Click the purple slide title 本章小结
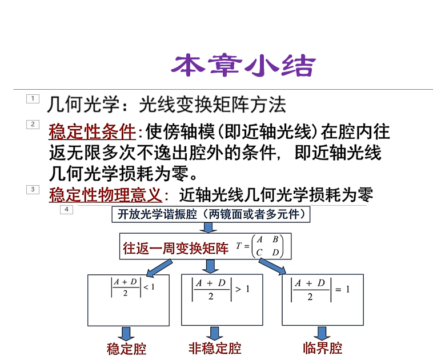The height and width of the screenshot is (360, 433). [x=243, y=66]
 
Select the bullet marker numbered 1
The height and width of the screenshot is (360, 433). [x=33, y=99]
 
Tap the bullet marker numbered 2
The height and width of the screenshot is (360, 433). [x=33, y=124]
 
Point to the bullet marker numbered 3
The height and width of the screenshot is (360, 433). [x=33, y=189]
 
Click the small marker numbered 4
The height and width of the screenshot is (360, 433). [x=66, y=210]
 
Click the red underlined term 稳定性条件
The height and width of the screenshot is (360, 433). [x=92, y=133]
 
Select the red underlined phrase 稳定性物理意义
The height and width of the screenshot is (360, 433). [x=106, y=195]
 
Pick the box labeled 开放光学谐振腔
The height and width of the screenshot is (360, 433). [x=211, y=214]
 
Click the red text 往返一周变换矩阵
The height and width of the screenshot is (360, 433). [x=175, y=247]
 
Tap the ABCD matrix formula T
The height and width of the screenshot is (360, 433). [x=260, y=246]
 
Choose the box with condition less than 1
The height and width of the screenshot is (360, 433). [x=129, y=300]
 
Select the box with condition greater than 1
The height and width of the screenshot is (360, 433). [x=222, y=300]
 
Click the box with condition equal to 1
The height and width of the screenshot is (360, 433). [x=322, y=300]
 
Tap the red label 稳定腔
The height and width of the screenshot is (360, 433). [x=126, y=348]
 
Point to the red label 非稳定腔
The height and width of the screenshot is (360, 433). [x=215, y=347]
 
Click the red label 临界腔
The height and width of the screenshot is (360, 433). [x=322, y=347]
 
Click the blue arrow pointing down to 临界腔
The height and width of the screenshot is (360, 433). [x=322, y=333]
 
